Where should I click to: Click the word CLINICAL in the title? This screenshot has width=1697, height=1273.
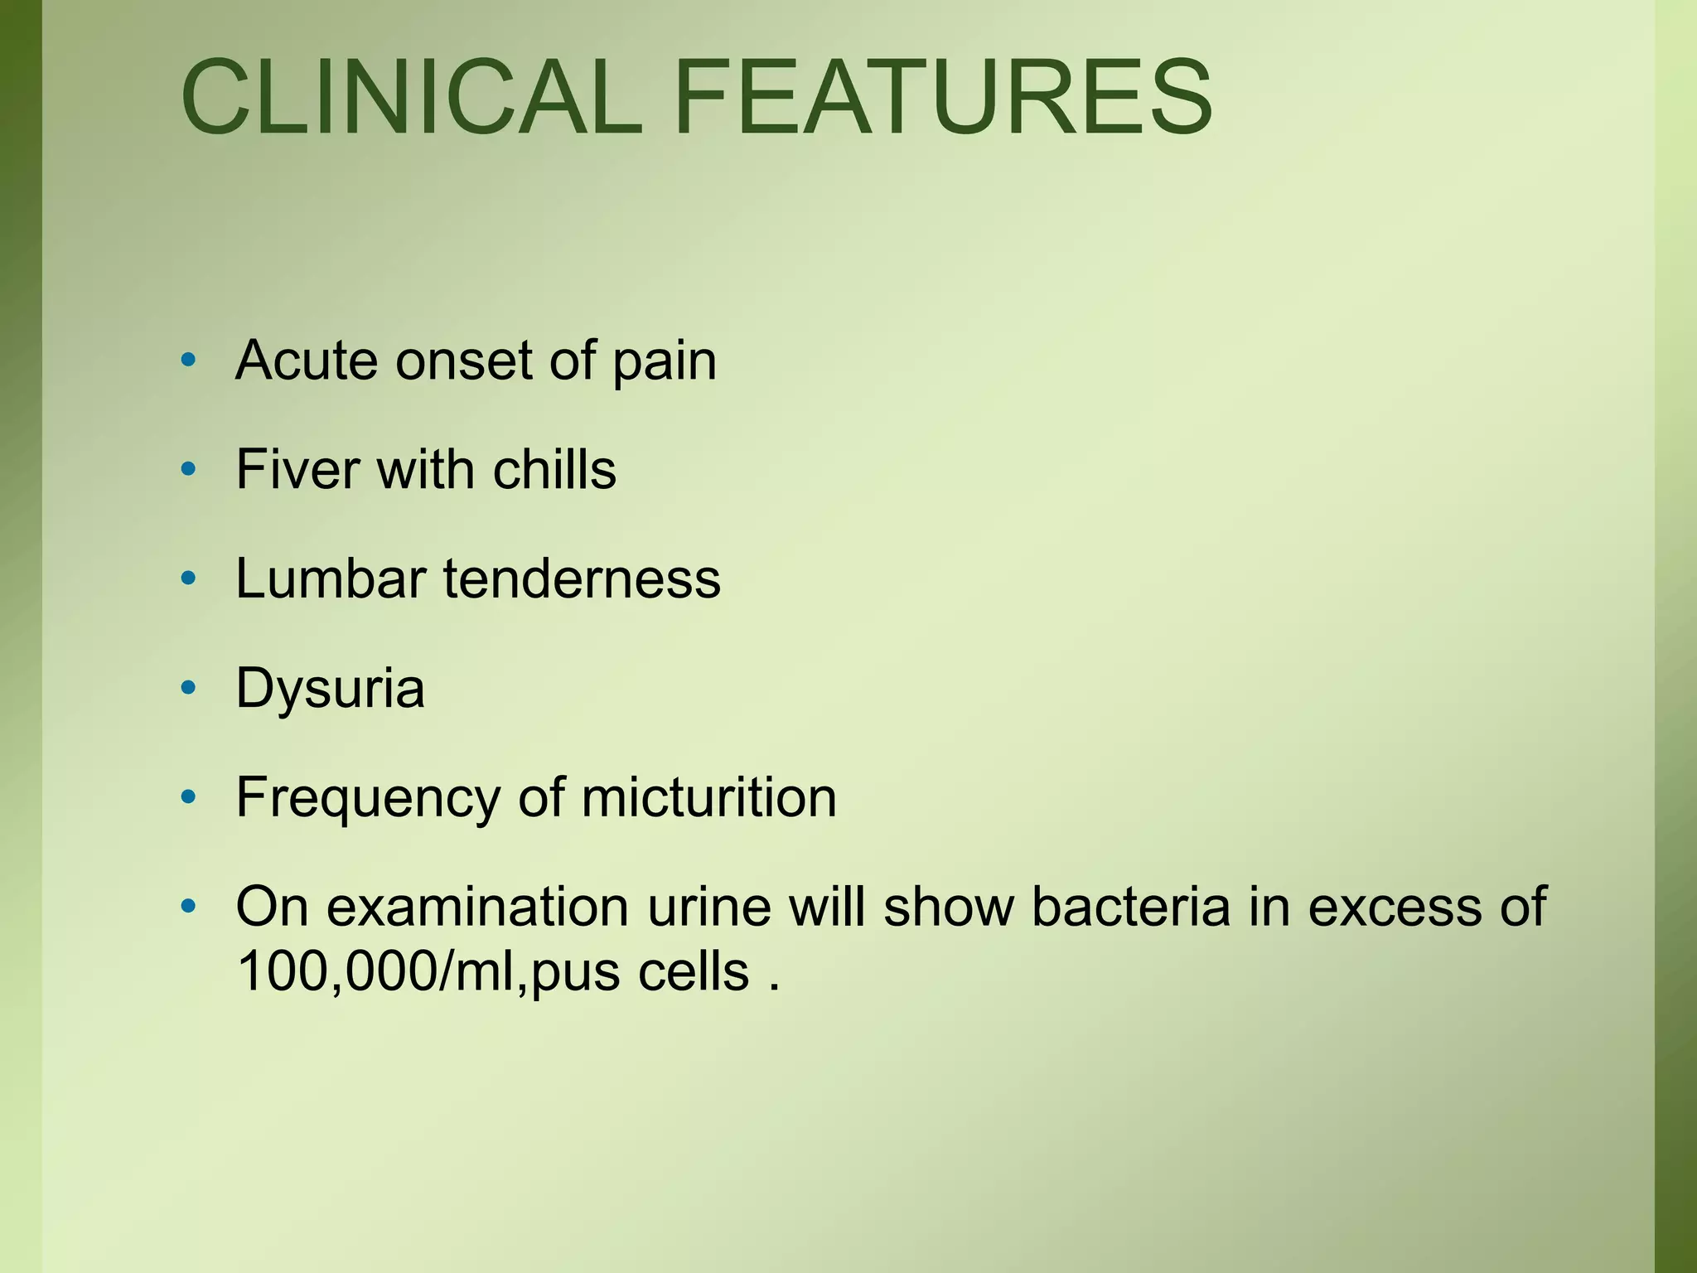(x=412, y=97)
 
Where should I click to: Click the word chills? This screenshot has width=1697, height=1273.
(x=554, y=469)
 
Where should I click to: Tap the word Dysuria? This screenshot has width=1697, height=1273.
(x=330, y=690)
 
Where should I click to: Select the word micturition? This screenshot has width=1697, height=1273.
(x=709, y=797)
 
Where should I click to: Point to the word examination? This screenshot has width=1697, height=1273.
(x=477, y=907)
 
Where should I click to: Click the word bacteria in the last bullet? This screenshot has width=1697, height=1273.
(x=1131, y=907)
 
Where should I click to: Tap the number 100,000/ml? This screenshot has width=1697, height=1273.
(x=378, y=971)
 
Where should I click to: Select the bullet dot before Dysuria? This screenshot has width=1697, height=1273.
(x=189, y=687)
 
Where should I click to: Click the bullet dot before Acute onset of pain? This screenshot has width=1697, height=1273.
(x=189, y=360)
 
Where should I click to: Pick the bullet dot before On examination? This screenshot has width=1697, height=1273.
(x=189, y=906)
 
